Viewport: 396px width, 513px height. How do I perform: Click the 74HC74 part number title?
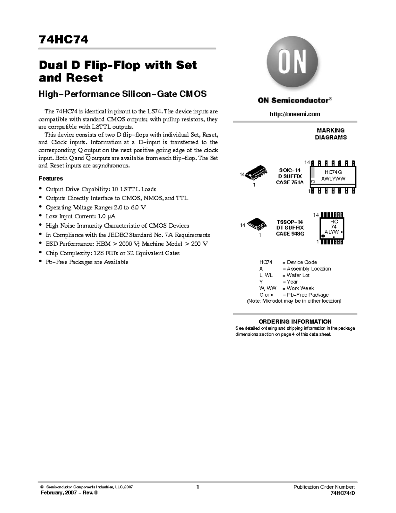coord(63,40)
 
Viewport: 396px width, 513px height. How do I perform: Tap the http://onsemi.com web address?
coord(295,114)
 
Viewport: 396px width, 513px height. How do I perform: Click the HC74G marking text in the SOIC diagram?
coord(333,172)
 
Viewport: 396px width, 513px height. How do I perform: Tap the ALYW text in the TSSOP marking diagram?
coord(332,232)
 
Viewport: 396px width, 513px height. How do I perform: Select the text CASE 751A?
coord(289,182)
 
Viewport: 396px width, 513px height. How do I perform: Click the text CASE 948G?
coord(290,234)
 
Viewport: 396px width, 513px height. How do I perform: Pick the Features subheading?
coord(51,178)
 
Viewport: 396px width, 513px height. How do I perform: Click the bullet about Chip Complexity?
coord(113,253)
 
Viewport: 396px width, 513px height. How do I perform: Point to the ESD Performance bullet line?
coord(127,244)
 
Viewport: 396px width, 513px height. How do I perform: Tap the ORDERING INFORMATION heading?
coord(295,321)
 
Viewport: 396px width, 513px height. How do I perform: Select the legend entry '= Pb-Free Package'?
coord(305,295)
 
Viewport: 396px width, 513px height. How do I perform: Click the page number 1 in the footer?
coord(197,487)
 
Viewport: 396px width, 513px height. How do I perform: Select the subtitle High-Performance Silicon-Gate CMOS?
coord(122,94)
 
